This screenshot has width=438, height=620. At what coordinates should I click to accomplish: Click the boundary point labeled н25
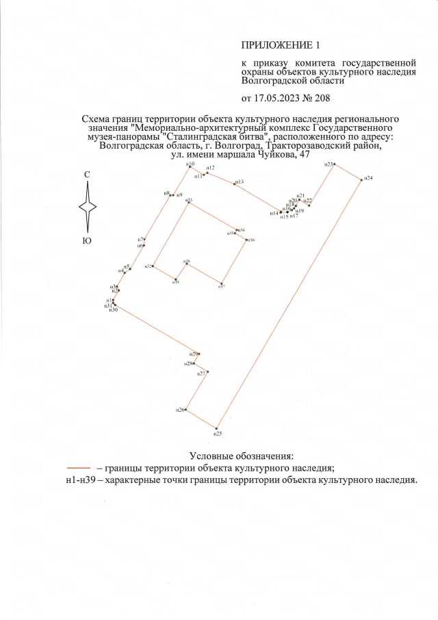[218, 429]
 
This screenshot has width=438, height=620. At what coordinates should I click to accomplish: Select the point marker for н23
[335, 164]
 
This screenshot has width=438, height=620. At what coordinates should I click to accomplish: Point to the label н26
[180, 410]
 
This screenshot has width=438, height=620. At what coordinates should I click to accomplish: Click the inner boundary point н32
[153, 266]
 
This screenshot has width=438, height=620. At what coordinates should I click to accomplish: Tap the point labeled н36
[246, 240]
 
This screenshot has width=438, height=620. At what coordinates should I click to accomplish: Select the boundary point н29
[199, 354]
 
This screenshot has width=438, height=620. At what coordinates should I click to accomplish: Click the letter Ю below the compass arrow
[87, 240]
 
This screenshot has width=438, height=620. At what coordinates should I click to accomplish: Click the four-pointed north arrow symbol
[88, 207]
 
